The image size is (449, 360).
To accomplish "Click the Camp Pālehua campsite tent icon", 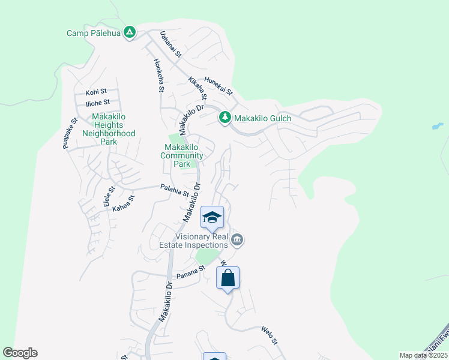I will coord(129,32).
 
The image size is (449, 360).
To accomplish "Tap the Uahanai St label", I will coord(170,46).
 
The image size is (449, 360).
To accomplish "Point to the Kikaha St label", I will coord(197,88).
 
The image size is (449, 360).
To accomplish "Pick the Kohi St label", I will coord(95,92).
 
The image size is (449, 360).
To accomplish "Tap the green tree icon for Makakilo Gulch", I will coord(225,118).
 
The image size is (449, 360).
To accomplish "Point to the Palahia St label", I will coord(175,191).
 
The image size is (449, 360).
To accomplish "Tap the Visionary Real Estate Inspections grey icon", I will coord(237,240).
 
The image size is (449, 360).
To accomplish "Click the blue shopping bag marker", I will coord(228,278).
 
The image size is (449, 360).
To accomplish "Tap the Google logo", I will coord(20,353).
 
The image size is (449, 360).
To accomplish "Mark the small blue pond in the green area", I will coord(438,127).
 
